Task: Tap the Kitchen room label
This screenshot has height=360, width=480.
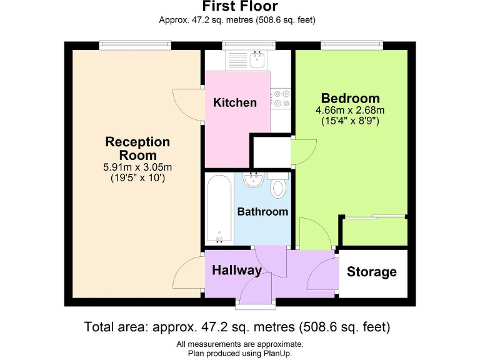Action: (235, 102)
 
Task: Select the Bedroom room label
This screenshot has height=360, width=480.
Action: (350, 98)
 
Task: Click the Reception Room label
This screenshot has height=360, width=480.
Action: (137, 148)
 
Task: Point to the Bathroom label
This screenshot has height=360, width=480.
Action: (262, 211)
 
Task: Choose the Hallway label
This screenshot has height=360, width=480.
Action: (236, 271)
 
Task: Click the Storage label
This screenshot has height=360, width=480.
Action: (372, 272)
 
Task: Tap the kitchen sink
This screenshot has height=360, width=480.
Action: (256, 60)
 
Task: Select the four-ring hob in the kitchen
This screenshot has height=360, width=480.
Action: (281, 99)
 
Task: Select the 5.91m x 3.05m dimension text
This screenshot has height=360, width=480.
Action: (137, 167)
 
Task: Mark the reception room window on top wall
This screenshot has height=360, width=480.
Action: (134, 45)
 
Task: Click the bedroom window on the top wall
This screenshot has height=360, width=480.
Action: (352, 45)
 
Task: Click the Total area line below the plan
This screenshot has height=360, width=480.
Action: (237, 326)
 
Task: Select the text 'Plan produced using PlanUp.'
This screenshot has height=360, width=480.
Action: (240, 353)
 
